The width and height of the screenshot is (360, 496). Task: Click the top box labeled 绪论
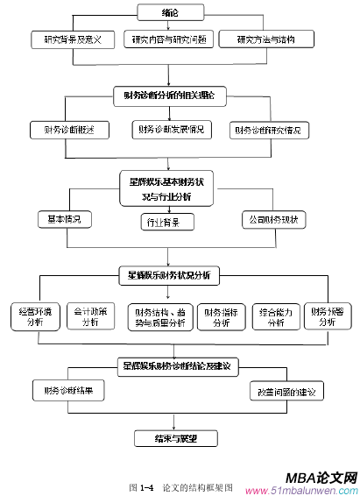pos(175,13)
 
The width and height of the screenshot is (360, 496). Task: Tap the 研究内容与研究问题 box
pos(168,39)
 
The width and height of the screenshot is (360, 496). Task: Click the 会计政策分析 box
pos(91,316)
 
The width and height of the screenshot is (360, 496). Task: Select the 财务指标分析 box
pos(222,316)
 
